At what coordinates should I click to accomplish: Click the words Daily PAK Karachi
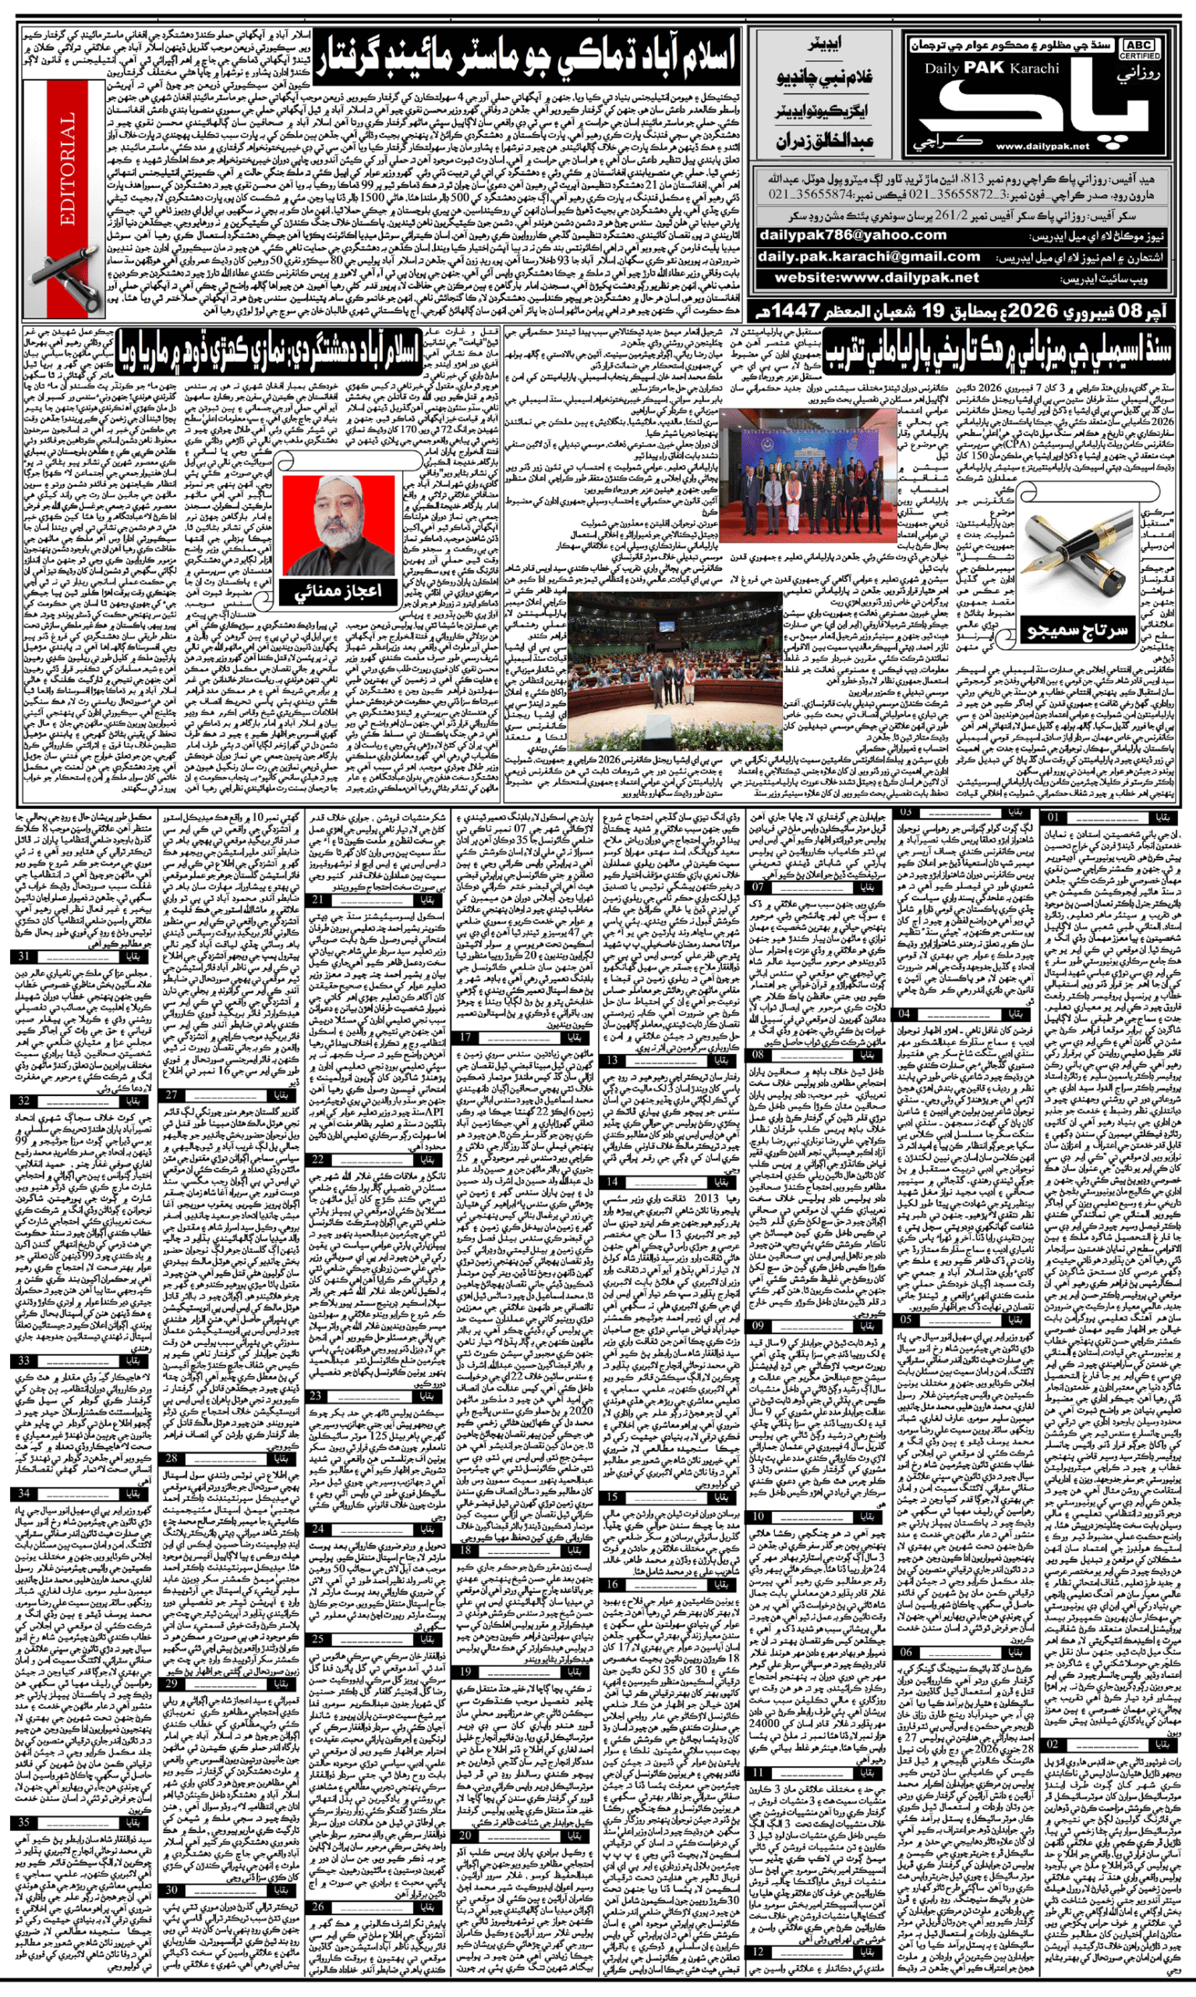pyautogui.click(x=991, y=69)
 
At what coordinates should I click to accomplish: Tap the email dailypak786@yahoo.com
pyautogui.click(x=852, y=236)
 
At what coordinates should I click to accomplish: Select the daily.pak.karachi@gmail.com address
pyautogui.click(x=868, y=257)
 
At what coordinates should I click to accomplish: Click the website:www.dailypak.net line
pyautogui.click(x=876, y=278)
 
